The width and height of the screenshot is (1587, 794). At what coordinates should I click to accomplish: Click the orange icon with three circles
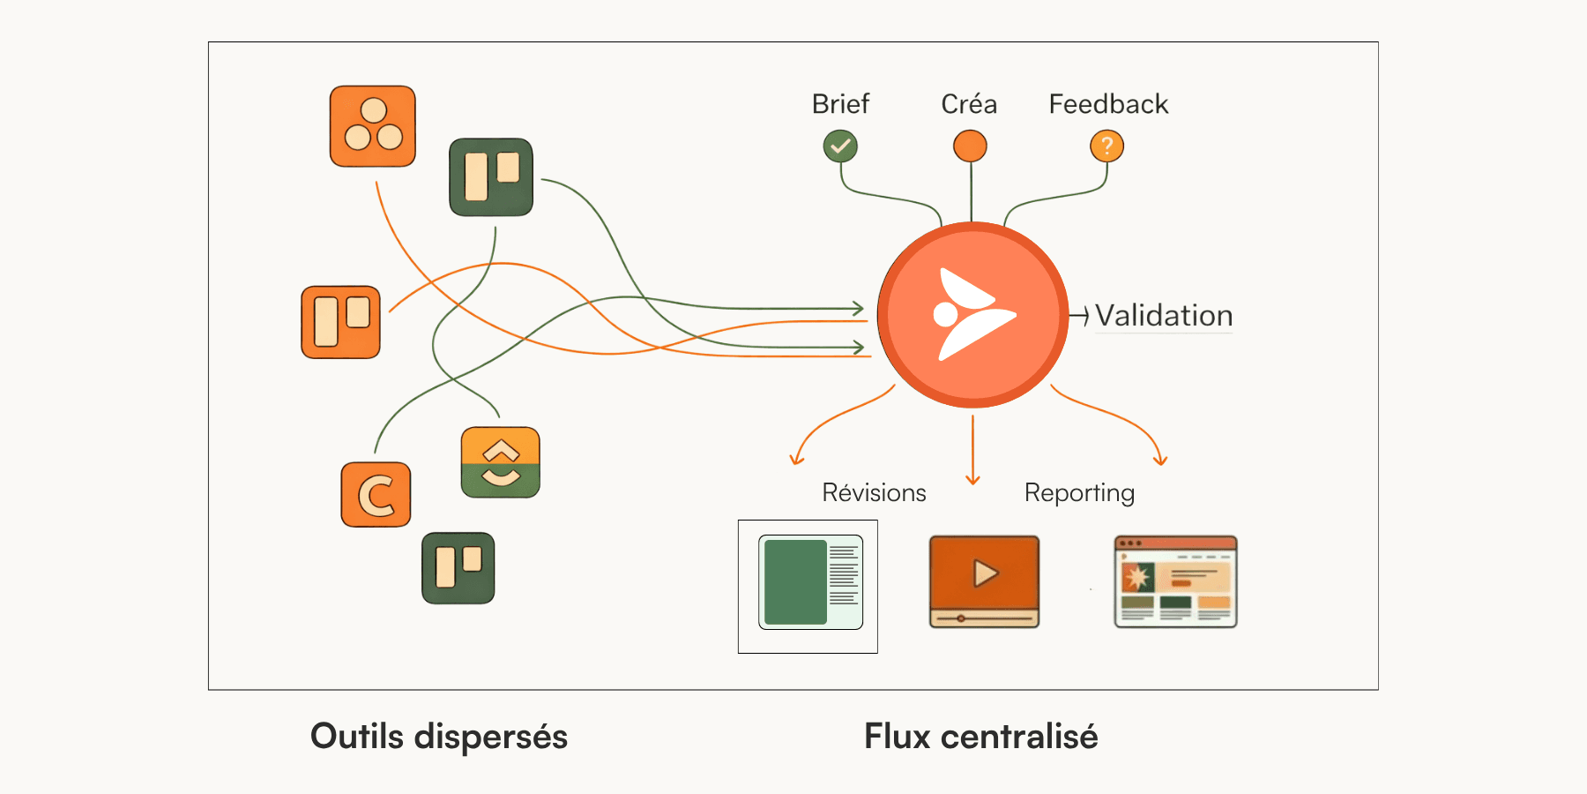pos(373,126)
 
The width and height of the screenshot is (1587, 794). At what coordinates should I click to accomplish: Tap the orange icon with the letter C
pos(376,495)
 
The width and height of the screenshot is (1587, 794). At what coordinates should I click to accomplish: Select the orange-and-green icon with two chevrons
pos(501,462)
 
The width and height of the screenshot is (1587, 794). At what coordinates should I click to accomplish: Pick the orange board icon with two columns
pos(341,322)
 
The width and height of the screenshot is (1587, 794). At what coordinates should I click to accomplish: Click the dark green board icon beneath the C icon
pos(458,568)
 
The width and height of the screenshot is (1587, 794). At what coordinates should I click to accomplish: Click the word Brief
pos(840,104)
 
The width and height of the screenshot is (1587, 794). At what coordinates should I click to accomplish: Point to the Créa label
pos(969,104)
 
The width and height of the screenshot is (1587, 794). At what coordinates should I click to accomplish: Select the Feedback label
pos(1108,104)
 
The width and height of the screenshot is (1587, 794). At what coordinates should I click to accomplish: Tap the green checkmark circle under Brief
pos(840,146)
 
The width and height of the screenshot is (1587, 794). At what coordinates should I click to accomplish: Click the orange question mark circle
pos(1106,146)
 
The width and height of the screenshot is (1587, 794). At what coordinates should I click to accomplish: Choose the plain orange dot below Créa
pos(970,146)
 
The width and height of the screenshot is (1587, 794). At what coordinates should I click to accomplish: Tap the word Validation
pos(1164,316)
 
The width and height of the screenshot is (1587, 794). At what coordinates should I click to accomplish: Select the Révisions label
pos(874,492)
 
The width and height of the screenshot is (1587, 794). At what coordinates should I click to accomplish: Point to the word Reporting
pos(1079,492)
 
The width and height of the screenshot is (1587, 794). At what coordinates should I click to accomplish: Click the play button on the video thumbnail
pos(985,573)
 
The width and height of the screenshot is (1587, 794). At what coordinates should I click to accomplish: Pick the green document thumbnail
pos(810,583)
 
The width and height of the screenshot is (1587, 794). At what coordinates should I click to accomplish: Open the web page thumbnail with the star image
pos(1175,581)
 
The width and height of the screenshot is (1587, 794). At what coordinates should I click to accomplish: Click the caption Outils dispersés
pos(439,737)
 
